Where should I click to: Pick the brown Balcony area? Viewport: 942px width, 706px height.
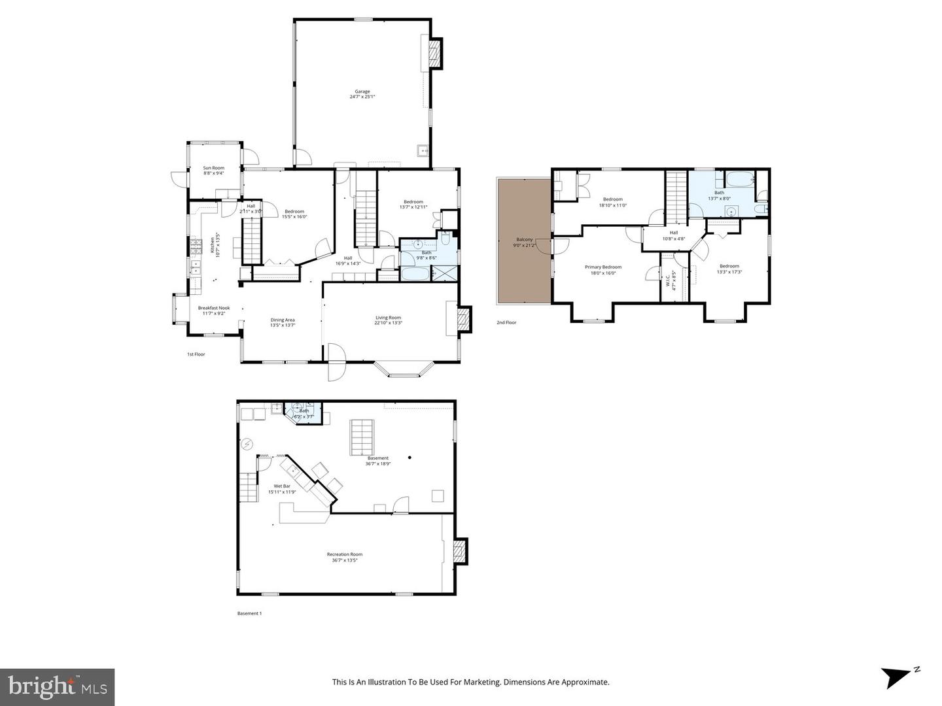coord(524,242)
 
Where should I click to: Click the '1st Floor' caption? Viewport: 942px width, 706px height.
coord(196,354)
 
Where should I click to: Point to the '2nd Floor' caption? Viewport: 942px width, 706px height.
coord(506,322)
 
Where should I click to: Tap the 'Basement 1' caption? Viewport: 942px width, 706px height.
coord(249,613)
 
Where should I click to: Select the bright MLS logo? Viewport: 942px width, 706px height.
coord(58,687)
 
